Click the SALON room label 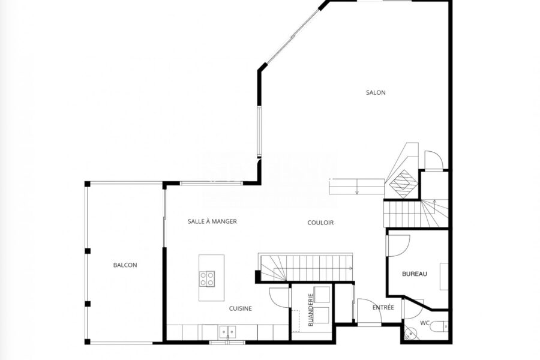point(376,92)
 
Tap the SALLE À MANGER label point(212,221)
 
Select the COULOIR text point(320,223)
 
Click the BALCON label point(125,265)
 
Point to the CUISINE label point(241,308)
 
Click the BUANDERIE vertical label point(311,310)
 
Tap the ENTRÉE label point(383,307)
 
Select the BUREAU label point(415,274)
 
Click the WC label point(425,323)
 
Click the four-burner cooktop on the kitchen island point(208,278)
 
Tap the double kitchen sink point(228,331)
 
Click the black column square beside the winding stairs point(257,276)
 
